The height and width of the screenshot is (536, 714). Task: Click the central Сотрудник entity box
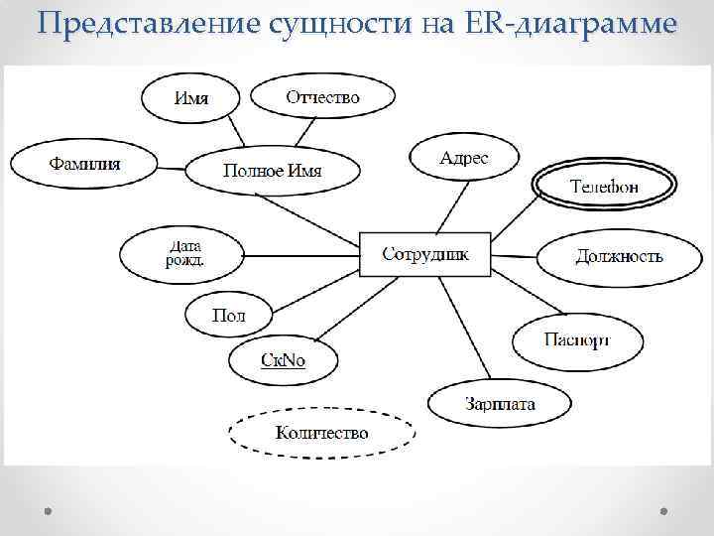pyautogui.click(x=427, y=255)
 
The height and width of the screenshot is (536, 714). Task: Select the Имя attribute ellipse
pyautogui.click(x=191, y=97)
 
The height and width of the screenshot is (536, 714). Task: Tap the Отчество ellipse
pyautogui.click(x=322, y=95)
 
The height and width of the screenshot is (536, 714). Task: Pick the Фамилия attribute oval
pyautogui.click(x=83, y=163)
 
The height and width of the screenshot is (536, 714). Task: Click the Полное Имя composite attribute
pyautogui.click(x=272, y=170)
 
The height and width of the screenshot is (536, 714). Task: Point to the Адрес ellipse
pyautogui.click(x=464, y=158)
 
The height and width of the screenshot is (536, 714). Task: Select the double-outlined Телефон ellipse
pyautogui.click(x=605, y=186)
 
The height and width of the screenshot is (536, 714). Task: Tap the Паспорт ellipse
pyautogui.click(x=577, y=340)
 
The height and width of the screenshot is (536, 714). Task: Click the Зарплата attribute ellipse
pyautogui.click(x=500, y=403)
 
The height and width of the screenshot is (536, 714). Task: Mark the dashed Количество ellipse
pyautogui.click(x=321, y=433)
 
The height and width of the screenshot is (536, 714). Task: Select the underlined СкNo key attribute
pyautogui.click(x=283, y=359)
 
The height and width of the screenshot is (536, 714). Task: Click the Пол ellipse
pyautogui.click(x=228, y=316)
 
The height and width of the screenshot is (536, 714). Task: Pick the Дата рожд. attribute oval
pyautogui.click(x=182, y=254)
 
